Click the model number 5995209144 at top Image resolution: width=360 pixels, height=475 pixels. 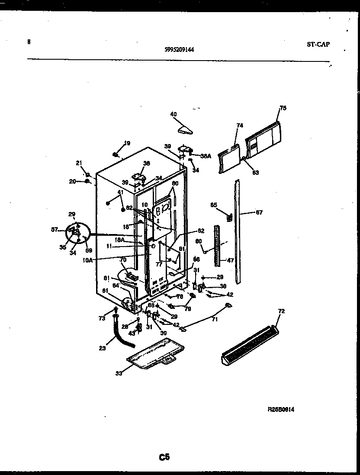[x=179, y=49]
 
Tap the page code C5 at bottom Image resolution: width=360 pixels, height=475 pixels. [x=164, y=457]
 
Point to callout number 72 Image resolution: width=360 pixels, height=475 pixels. [x=281, y=311]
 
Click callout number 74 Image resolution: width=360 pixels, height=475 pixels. [x=240, y=125]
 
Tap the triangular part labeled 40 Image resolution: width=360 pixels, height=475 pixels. [x=185, y=128]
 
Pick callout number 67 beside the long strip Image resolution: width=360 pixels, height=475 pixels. [x=259, y=212]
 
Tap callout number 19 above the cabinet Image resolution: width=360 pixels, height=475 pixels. [x=127, y=143]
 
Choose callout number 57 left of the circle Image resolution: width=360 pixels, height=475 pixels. [x=55, y=230]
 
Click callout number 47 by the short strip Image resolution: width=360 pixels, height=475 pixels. [x=231, y=261]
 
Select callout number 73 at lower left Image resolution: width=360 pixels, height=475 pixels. [x=102, y=318]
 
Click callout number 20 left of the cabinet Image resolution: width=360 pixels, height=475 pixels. [x=73, y=181]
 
